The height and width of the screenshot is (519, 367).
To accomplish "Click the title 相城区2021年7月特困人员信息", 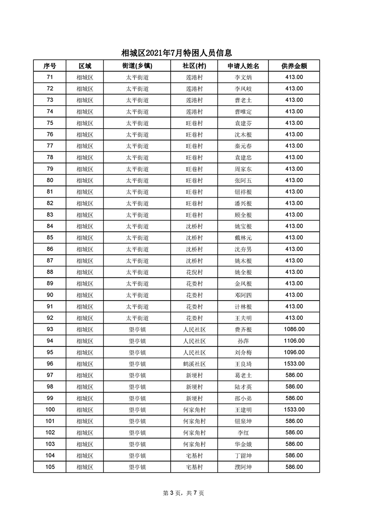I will (x=176, y=53).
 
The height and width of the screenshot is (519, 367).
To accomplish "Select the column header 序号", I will (x=50, y=66).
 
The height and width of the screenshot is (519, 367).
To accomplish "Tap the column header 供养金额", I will (x=294, y=66).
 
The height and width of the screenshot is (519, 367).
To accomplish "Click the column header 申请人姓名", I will (x=243, y=66).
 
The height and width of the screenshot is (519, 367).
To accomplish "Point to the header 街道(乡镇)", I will (x=137, y=66).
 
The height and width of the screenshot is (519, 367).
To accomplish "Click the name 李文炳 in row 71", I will (x=243, y=77).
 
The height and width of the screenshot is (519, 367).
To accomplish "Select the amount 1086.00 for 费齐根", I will (x=294, y=329).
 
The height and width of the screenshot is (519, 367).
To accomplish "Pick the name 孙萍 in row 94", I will (x=243, y=341).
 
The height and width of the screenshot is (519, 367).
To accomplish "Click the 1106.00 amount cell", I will (x=294, y=341).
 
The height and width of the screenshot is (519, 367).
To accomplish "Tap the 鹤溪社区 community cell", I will (x=194, y=364).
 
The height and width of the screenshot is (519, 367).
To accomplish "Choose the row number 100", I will (x=50, y=410).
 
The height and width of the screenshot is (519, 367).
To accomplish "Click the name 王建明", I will (x=243, y=410).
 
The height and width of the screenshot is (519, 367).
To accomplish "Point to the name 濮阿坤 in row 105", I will (x=243, y=467).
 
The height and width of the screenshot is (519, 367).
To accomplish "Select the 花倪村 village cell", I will (x=194, y=272).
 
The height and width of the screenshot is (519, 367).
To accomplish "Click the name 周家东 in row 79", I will (x=243, y=169).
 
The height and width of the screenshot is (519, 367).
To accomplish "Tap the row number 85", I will (x=50, y=238).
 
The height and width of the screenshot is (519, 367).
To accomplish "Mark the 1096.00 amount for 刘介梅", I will (x=294, y=352).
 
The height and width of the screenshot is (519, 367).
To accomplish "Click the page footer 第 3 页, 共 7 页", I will (x=184, y=493).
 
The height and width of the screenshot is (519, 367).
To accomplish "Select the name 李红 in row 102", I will (x=243, y=433).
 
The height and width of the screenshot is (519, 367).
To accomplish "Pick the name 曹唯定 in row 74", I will (x=243, y=111).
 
